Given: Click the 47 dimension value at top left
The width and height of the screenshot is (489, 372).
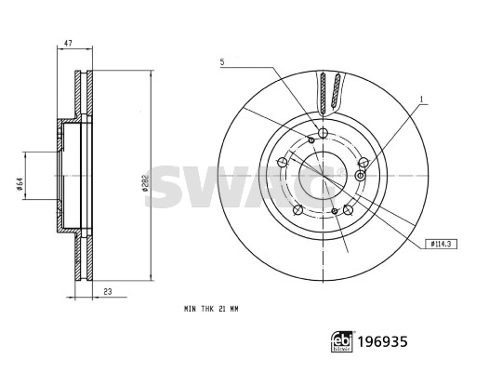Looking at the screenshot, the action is point(68,43).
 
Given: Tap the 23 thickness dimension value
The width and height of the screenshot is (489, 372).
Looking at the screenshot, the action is point(108,292).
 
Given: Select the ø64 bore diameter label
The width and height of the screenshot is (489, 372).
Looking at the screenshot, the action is point(19,184).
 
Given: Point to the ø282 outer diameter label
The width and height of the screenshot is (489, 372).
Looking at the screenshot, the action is point(145,182).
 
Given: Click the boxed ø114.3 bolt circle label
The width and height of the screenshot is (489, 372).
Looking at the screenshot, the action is point(441,244).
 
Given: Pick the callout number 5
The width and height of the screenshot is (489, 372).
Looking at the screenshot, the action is point(222,61).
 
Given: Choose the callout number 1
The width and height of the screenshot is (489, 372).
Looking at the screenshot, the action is point(421,100).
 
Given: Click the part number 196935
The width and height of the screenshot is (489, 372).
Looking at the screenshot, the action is point(382,341).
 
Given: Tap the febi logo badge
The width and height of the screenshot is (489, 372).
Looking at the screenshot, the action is point(342,341).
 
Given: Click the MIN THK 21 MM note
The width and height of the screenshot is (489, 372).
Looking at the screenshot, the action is point(211,309).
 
